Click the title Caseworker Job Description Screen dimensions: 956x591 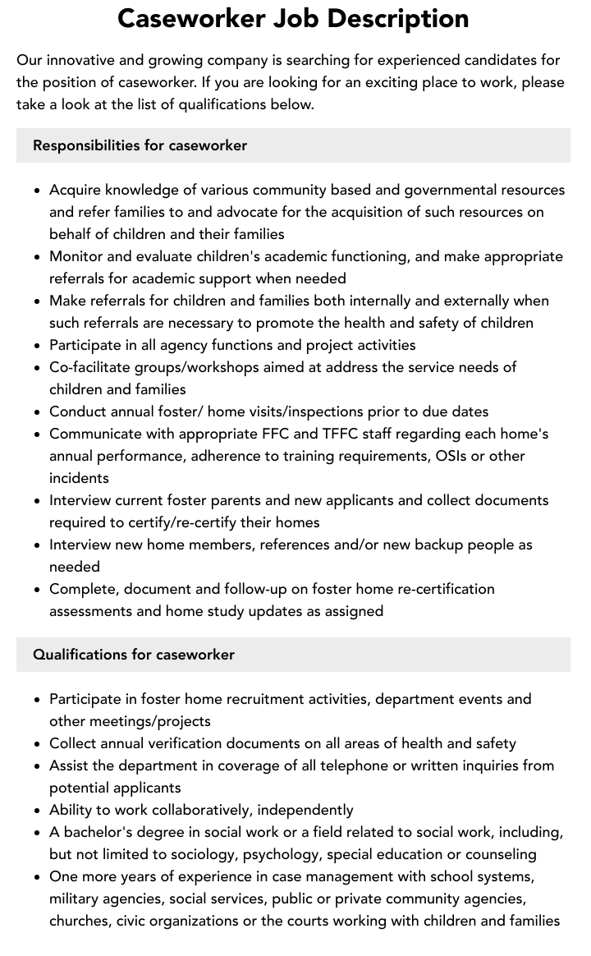pyautogui.click(x=293, y=18)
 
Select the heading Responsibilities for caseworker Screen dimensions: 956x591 pyautogui.click(x=140, y=145)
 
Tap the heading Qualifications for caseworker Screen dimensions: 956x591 pyautogui.click(x=134, y=655)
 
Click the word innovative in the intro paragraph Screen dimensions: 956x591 pyautogui.click(x=80, y=60)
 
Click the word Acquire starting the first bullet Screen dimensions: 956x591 pyautogui.click(x=76, y=190)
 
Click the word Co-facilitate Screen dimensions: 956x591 pyautogui.click(x=94, y=367)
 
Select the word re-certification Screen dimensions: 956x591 pyautogui.click(x=442, y=589)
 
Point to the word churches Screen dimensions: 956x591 pyautogui.click(x=80, y=921)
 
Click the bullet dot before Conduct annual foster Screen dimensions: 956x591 pyautogui.click(x=38, y=412)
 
